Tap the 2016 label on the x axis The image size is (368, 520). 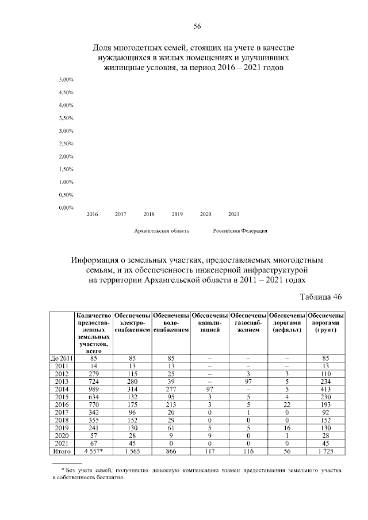click(92, 214)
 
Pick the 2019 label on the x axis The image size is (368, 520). click(177, 214)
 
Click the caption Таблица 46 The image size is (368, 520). click(321, 297)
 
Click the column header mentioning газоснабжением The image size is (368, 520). click(248, 323)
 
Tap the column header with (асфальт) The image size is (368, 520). click(287, 323)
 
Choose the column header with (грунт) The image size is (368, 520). click(326, 323)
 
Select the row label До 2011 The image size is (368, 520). click(60, 358)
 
